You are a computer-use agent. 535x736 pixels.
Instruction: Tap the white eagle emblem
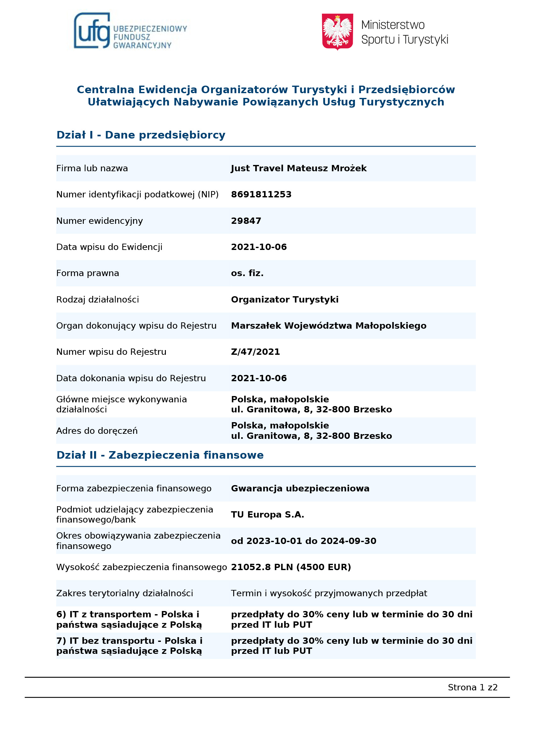pyautogui.click(x=337, y=31)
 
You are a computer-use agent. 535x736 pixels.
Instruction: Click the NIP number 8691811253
pyautogui.click(x=261, y=194)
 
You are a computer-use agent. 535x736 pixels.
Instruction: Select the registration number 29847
pyautogui.click(x=246, y=221)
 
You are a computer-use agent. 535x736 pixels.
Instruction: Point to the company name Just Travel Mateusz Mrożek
pyautogui.click(x=298, y=168)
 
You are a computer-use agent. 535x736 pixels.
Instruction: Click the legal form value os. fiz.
pyautogui.click(x=247, y=273)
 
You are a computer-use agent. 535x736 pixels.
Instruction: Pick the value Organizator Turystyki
pyautogui.click(x=284, y=299)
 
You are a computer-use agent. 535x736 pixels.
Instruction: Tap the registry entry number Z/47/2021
pyautogui.click(x=255, y=352)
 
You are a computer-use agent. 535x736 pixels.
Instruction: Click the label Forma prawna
pyautogui.click(x=87, y=273)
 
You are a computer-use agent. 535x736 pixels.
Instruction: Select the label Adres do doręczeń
pyautogui.click(x=97, y=431)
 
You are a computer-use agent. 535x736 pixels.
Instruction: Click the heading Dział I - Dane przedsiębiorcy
pyautogui.click(x=141, y=135)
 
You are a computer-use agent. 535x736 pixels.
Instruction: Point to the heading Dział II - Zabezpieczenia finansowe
pyautogui.click(x=160, y=455)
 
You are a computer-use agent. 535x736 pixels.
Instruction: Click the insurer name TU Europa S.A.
pyautogui.click(x=267, y=515)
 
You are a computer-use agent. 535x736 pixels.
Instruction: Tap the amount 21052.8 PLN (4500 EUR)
pyautogui.click(x=291, y=567)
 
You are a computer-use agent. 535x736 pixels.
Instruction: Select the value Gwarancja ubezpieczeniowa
pyautogui.click(x=300, y=488)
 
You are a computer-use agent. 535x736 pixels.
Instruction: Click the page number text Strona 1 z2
pyautogui.click(x=472, y=687)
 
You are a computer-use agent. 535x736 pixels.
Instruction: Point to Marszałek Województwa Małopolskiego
pyautogui.click(x=329, y=326)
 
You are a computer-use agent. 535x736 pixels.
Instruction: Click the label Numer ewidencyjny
pyautogui.click(x=99, y=221)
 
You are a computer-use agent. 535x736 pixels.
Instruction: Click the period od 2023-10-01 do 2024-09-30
pyautogui.click(x=303, y=541)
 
